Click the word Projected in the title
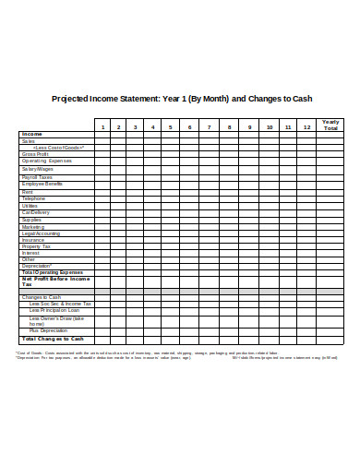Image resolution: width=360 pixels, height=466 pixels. (70, 99)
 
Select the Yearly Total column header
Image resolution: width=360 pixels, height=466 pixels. (330, 125)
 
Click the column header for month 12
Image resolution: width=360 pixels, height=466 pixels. (306, 126)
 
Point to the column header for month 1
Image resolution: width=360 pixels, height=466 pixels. (103, 126)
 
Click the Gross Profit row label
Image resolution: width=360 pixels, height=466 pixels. (34, 154)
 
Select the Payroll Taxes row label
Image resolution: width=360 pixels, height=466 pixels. (37, 176)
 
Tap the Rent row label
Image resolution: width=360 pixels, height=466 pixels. (27, 191)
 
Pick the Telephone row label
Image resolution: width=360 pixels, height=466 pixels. (33, 198)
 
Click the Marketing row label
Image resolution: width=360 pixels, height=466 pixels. (32, 226)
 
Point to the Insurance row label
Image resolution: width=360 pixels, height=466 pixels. (32, 240)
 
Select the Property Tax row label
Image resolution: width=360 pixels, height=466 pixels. (36, 246)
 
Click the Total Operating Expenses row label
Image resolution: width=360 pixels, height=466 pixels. (52, 273)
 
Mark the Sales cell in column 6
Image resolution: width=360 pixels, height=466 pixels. (189, 140)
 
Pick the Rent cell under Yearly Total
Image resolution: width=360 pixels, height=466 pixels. (330, 191)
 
